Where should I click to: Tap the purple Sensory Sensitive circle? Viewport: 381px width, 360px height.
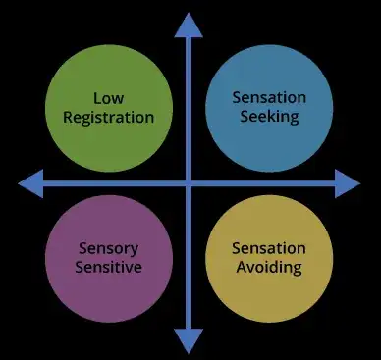(x=109, y=258)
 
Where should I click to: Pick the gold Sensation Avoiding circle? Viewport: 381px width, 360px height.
(x=268, y=258)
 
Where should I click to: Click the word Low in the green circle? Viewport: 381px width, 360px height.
(x=109, y=98)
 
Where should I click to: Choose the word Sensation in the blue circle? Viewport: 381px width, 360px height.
(x=268, y=98)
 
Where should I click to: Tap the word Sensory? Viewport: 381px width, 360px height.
(x=109, y=248)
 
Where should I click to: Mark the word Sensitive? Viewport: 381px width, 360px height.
(x=109, y=267)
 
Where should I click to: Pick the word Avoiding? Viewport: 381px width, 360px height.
(x=268, y=267)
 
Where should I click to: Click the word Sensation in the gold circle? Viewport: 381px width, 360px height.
(x=268, y=248)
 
